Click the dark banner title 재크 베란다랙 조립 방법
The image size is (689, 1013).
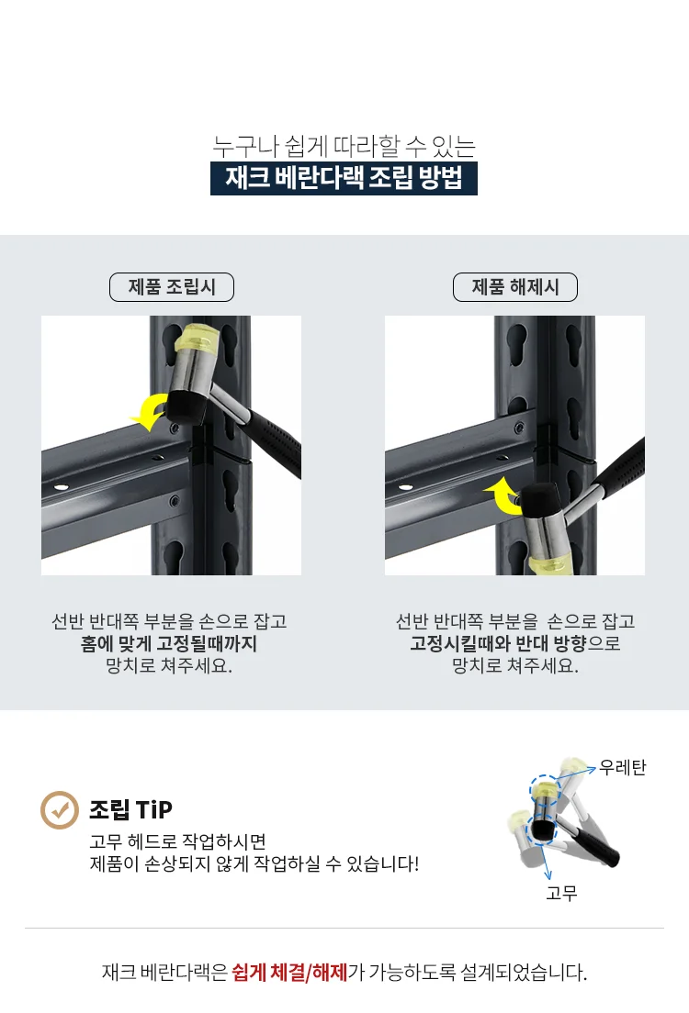[344, 178]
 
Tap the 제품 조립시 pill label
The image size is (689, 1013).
[172, 287]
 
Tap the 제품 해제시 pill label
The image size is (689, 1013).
[515, 287]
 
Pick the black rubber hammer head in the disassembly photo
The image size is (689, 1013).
[542, 500]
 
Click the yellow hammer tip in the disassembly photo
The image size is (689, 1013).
[548, 564]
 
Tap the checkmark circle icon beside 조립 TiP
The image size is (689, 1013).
[60, 809]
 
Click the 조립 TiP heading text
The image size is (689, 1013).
[130, 809]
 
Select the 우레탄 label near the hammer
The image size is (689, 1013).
[622, 767]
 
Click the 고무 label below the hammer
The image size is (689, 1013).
[561, 893]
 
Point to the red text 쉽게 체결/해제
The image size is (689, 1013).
[289, 972]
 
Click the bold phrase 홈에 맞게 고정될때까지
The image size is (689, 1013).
[169, 643]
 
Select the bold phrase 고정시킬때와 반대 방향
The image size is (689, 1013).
[498, 643]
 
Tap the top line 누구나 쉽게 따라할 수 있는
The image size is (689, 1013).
[344, 146]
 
